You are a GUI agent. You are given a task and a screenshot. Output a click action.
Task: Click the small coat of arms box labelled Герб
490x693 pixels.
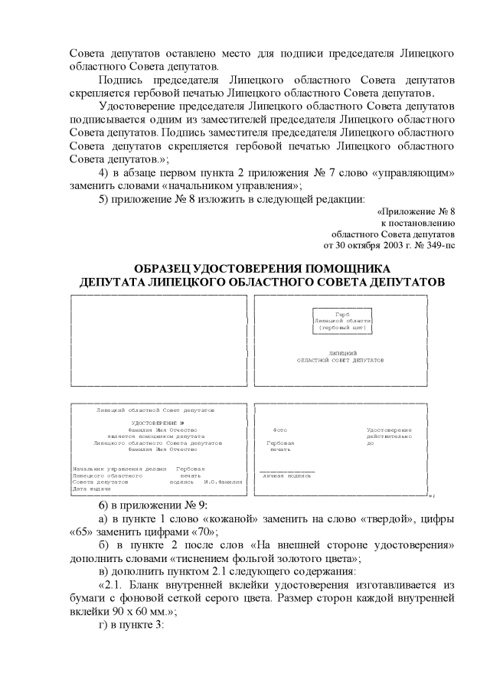342,321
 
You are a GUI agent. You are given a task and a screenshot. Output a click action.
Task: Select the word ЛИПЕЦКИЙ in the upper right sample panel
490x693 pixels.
341,352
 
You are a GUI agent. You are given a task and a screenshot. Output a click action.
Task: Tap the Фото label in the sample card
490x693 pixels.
280,430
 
